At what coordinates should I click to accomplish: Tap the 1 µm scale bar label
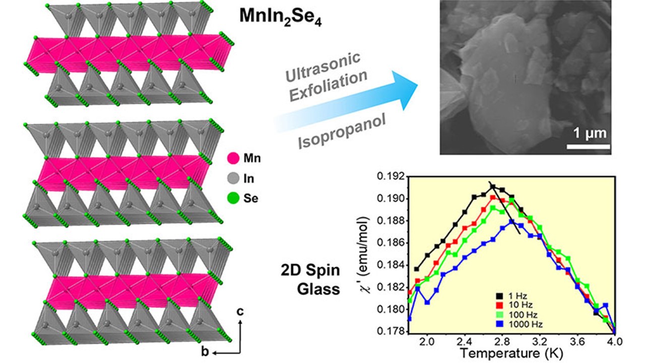(x=590, y=134)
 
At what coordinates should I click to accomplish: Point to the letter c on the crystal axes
(x=241, y=312)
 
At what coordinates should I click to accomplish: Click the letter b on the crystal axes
(x=205, y=351)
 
